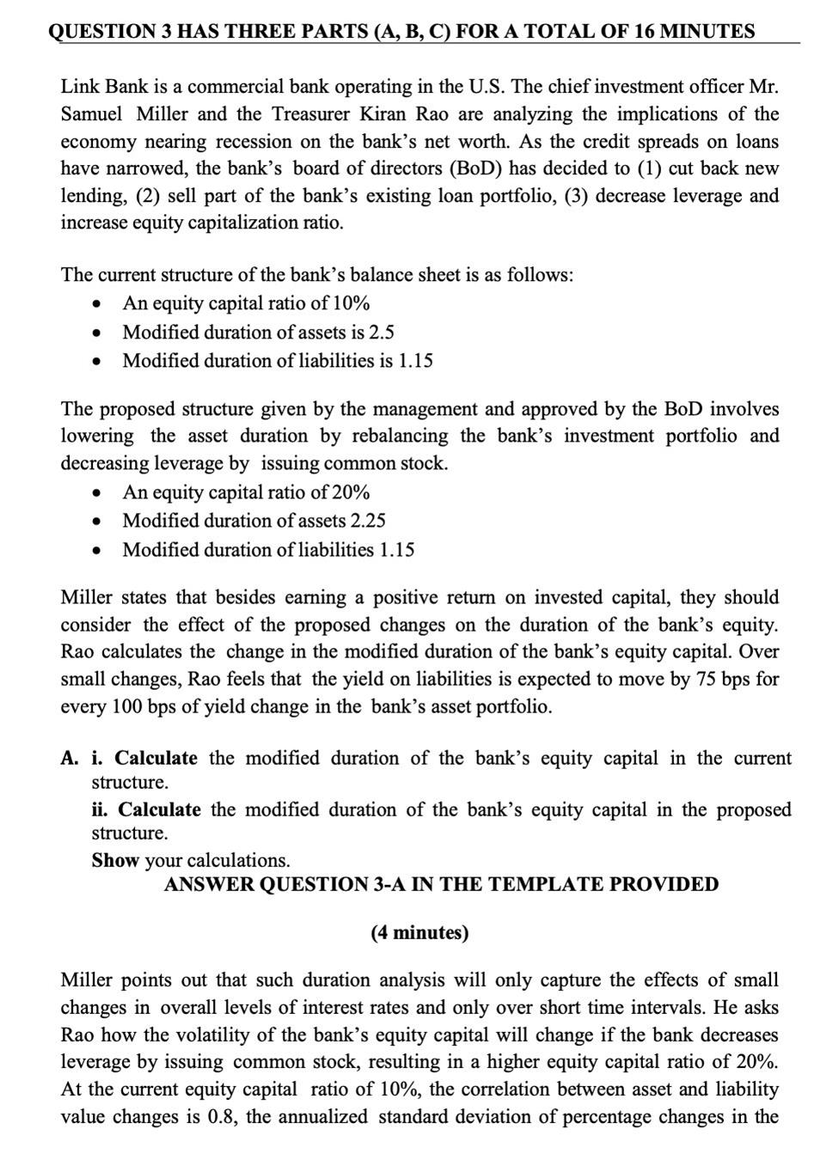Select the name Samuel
tap(91, 114)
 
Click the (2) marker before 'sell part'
tap(149, 196)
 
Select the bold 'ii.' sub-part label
tap(101, 810)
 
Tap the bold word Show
tap(115, 860)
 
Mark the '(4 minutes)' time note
tap(419, 933)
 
